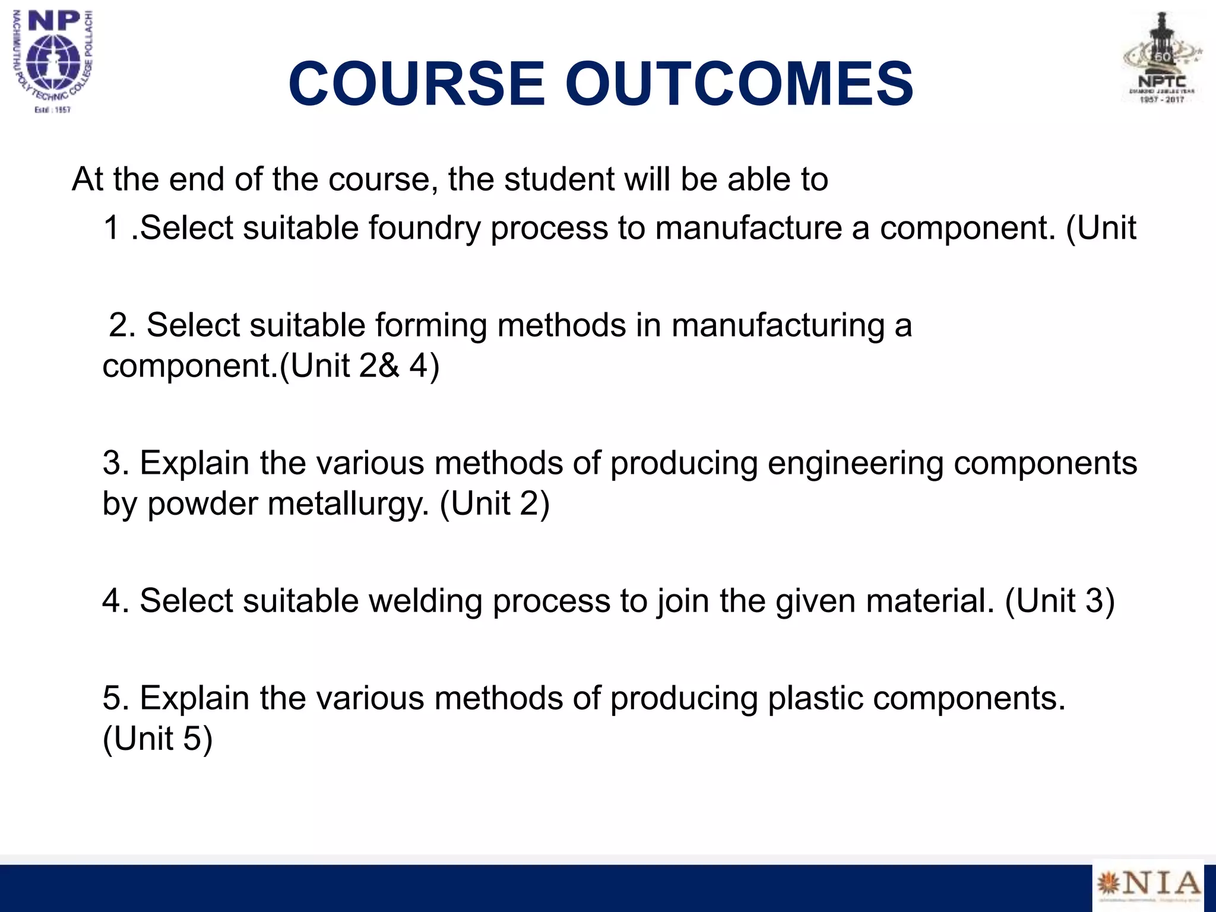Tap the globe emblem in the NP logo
(x=53, y=62)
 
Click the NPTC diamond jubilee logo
(x=1162, y=58)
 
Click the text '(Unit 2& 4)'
(x=359, y=366)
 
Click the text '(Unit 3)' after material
(x=1060, y=601)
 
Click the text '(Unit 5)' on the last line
(x=157, y=739)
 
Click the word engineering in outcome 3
(x=856, y=464)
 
